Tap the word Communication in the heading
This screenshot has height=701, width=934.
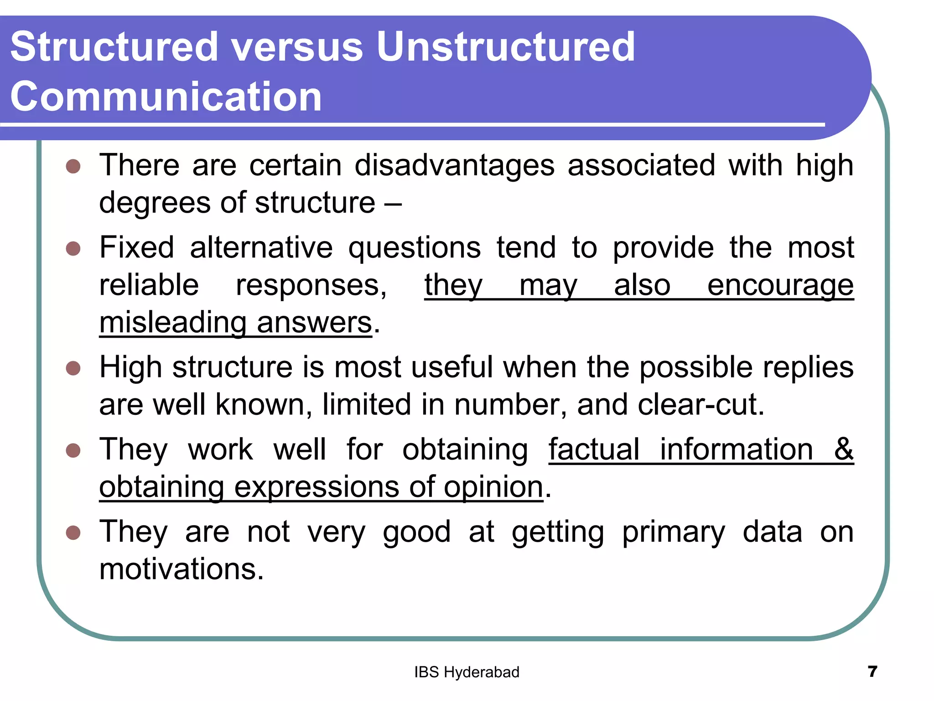166,96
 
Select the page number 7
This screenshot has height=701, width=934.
872,671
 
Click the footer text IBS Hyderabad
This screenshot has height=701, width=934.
467,672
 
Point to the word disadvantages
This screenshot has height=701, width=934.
455,165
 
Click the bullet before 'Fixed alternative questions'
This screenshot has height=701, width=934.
73,249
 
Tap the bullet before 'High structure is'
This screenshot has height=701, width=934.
73,368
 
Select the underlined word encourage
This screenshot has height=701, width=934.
780,286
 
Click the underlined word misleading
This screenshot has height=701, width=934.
172,323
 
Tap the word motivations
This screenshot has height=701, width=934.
181,570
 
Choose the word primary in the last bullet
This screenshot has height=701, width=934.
673,533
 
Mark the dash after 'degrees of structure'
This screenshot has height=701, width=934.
393,203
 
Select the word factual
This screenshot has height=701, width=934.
594,450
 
